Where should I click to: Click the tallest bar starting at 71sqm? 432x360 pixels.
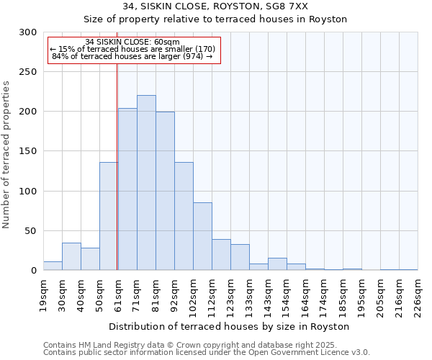pos(146,183)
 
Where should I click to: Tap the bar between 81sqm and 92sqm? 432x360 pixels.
pos(165,191)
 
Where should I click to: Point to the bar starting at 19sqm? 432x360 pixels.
pos(53,266)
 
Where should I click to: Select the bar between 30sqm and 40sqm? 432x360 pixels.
pos(71,256)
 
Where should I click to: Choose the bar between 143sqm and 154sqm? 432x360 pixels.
pos(277,264)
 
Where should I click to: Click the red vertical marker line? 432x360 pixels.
pos(117,166)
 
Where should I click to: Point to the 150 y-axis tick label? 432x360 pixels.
pos(28,151)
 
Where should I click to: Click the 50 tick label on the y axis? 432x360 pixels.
pos(30,231)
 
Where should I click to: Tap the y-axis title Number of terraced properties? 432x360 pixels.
pos(7,154)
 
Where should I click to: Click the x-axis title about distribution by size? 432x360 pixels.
pos(230,326)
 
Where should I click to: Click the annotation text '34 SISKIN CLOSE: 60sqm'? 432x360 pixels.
pos(132,42)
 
